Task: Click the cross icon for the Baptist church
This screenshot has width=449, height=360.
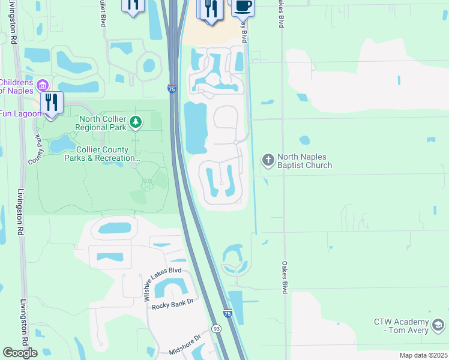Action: coord(268,160)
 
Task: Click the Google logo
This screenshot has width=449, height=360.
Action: coord(20,353)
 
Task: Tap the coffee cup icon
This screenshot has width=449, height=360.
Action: coord(242,6)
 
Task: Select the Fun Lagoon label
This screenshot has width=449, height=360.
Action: coord(20,113)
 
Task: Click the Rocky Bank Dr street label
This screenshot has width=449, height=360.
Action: coord(174,304)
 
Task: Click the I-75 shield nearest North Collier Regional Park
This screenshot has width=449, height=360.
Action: coord(172,89)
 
